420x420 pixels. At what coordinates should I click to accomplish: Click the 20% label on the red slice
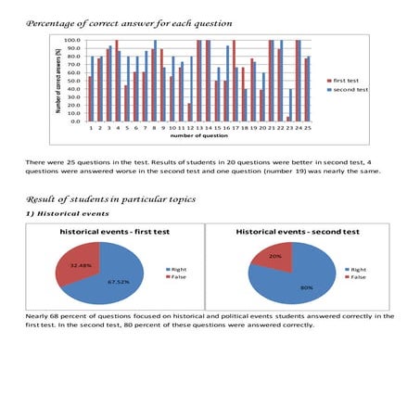pyautogui.click(x=276, y=256)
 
